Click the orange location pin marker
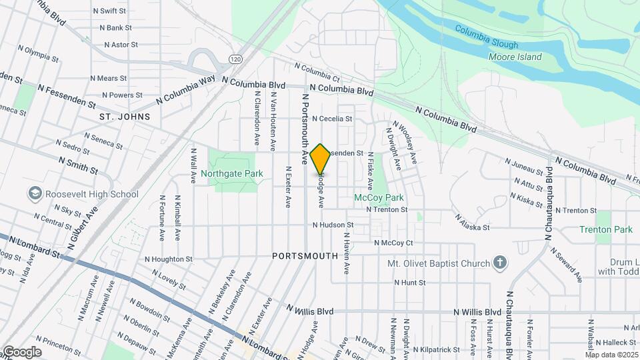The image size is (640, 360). [321, 159]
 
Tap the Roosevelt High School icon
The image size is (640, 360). [35, 194]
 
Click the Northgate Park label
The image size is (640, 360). [232, 174]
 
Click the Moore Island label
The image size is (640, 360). [515, 57]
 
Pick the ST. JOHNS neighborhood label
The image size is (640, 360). [125, 117]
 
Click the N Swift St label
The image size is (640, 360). [110, 11]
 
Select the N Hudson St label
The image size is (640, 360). [333, 226]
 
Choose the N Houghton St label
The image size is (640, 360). [169, 259]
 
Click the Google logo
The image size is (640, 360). [21, 352]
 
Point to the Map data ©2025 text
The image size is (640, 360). [612, 355]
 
